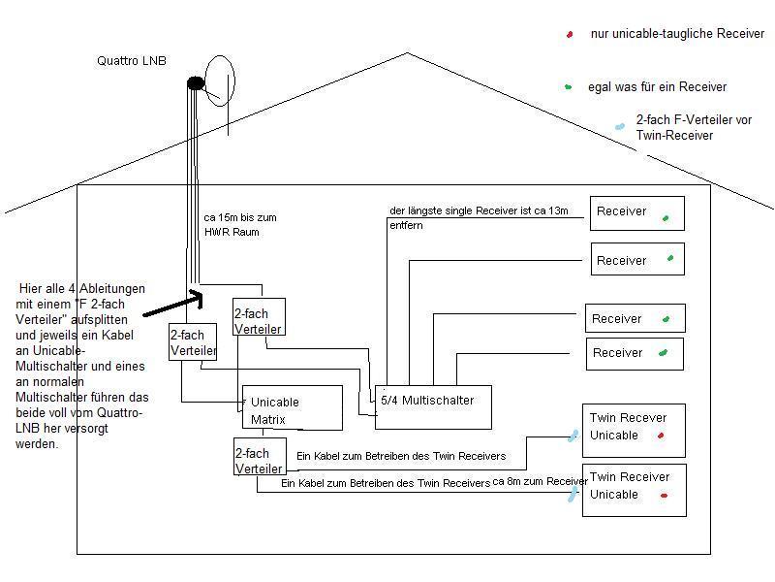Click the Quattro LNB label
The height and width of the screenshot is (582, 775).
pyautogui.click(x=132, y=60)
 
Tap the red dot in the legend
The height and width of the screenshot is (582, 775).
pyautogui.click(x=570, y=35)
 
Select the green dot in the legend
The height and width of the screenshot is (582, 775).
pyautogui.click(x=569, y=87)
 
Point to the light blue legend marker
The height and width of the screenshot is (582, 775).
pyautogui.click(x=619, y=126)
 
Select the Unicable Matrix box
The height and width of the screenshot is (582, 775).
pyautogui.click(x=292, y=407)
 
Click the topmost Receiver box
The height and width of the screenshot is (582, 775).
pyautogui.click(x=637, y=213)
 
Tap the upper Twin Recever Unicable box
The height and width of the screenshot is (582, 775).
pyautogui.click(x=634, y=430)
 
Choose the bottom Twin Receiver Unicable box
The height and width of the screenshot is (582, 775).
pyautogui.click(x=634, y=489)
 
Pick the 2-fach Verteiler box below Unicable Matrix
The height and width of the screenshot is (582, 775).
pyautogui.click(x=259, y=456)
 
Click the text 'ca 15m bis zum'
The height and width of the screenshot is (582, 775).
pyautogui.click(x=240, y=217)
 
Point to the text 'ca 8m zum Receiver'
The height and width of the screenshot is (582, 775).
pyautogui.click(x=540, y=481)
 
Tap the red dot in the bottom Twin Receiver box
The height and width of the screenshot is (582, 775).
pyautogui.click(x=665, y=496)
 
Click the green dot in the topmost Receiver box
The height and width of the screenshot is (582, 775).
pyautogui.click(x=666, y=218)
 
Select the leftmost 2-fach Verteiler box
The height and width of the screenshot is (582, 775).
pyautogui.click(x=193, y=341)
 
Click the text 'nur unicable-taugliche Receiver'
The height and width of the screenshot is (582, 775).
pyautogui.click(x=677, y=34)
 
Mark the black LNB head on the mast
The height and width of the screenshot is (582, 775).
pyautogui.click(x=195, y=83)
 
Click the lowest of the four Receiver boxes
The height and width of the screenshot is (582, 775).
pyautogui.click(x=635, y=353)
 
